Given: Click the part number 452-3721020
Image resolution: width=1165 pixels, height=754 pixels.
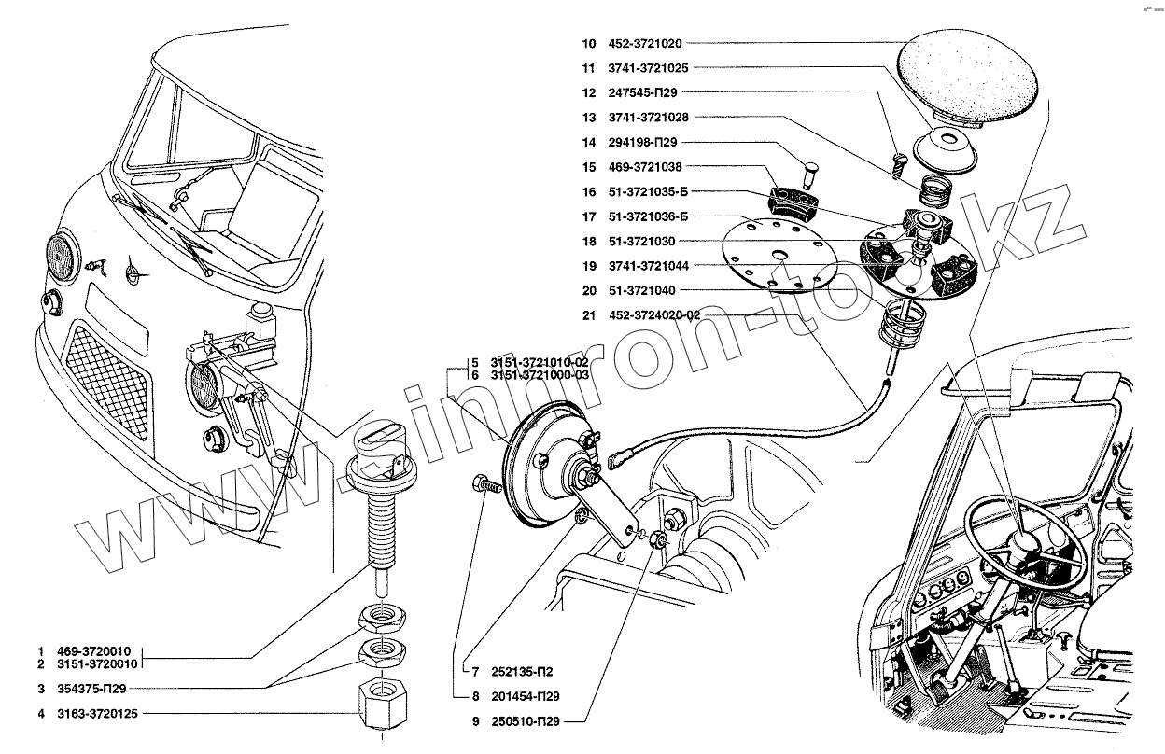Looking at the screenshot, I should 647,43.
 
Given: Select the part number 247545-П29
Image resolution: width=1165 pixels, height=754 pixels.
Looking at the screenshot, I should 642,92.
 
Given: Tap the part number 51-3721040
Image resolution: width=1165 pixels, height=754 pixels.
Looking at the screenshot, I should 641,290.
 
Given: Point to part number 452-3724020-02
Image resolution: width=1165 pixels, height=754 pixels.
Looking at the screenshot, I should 653,315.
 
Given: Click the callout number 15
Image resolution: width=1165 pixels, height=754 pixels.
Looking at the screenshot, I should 587,167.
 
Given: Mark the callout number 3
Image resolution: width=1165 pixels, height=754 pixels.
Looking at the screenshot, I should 40,689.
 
